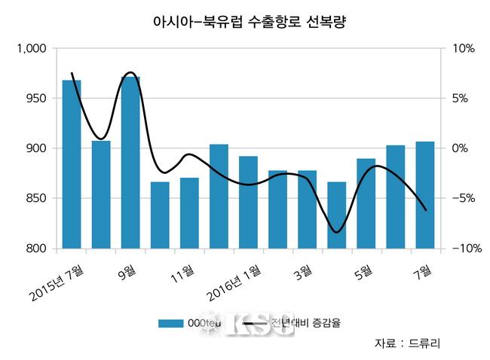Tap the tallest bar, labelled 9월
pos(130,163)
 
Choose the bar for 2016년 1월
pos(248,203)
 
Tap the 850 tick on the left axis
pos(36,199)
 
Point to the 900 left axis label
pos(36,148)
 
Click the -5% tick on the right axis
pos(462,199)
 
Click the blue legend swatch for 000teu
pos(174,324)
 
